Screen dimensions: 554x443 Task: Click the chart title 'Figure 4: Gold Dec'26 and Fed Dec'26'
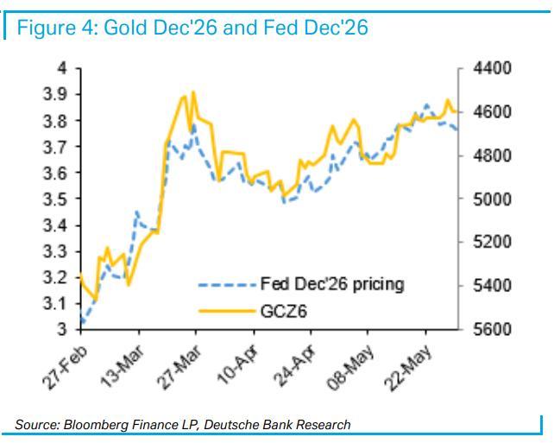point(192,28)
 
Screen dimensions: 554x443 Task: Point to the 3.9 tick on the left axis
point(54,94)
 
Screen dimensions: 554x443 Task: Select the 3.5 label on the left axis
point(54,199)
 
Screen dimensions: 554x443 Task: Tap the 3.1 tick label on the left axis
point(54,304)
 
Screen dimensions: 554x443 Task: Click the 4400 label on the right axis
point(492,68)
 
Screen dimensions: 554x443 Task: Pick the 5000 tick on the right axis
point(492,199)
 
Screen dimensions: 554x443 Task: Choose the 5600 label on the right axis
point(492,330)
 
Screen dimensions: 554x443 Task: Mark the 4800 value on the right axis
point(492,155)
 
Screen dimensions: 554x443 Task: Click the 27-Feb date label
point(65,367)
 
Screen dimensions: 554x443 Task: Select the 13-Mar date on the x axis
point(123,367)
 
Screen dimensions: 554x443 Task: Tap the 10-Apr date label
point(238,367)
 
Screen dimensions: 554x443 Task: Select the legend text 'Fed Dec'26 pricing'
point(332,284)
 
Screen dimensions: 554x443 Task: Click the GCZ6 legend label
point(283,312)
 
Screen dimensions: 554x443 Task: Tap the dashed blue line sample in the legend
point(227,285)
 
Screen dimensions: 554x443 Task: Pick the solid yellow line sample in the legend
point(227,312)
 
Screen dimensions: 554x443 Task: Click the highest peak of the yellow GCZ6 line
point(193,92)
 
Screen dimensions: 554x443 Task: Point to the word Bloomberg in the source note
point(96,424)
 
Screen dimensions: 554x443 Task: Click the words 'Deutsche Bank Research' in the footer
point(277,424)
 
